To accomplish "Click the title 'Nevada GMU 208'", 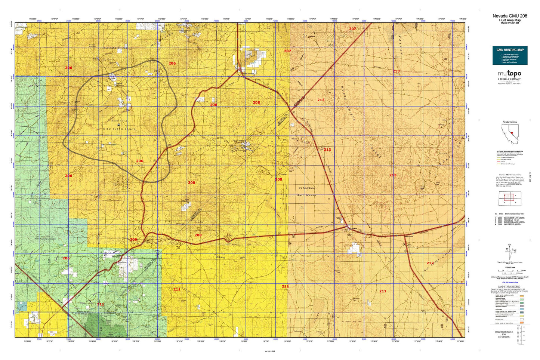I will (x=510, y=16).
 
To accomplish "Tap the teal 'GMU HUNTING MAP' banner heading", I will (x=510, y=50).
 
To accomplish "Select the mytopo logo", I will (x=509, y=74).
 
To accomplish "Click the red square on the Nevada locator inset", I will (x=512, y=133).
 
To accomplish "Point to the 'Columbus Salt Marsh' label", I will (x=306, y=191).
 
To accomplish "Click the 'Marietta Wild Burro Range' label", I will (x=119, y=125).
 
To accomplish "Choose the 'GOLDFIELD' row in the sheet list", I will (x=510, y=224).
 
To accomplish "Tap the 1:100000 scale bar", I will (x=510, y=270).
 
